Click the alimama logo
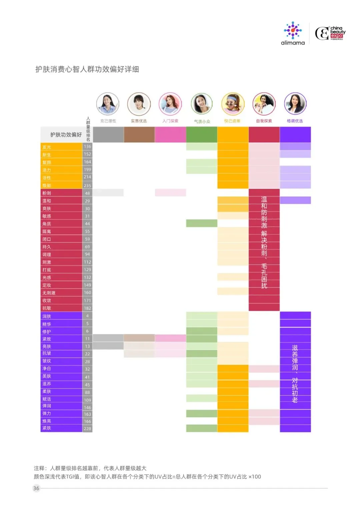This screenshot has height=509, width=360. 293,33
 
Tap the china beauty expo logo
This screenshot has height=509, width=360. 330,33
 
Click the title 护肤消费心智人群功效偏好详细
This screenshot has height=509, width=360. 87,69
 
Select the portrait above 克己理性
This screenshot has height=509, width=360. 108,104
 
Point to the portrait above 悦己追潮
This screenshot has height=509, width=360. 233,104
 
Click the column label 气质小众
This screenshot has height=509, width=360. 202,121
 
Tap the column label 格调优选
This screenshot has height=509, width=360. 295,121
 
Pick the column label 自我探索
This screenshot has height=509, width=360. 264,121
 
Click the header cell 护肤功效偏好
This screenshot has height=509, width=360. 66,135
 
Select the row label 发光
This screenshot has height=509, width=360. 47,147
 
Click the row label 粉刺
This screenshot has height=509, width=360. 47,193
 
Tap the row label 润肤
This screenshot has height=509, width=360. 47,316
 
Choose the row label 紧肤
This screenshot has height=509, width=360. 47,428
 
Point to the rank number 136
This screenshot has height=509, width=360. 87,147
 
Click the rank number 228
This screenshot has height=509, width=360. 87,429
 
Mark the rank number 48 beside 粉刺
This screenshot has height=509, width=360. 87,193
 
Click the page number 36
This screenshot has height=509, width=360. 36,488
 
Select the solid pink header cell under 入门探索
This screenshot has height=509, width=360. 170,135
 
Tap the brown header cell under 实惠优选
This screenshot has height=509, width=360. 139,135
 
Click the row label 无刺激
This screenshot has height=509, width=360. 49,293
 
